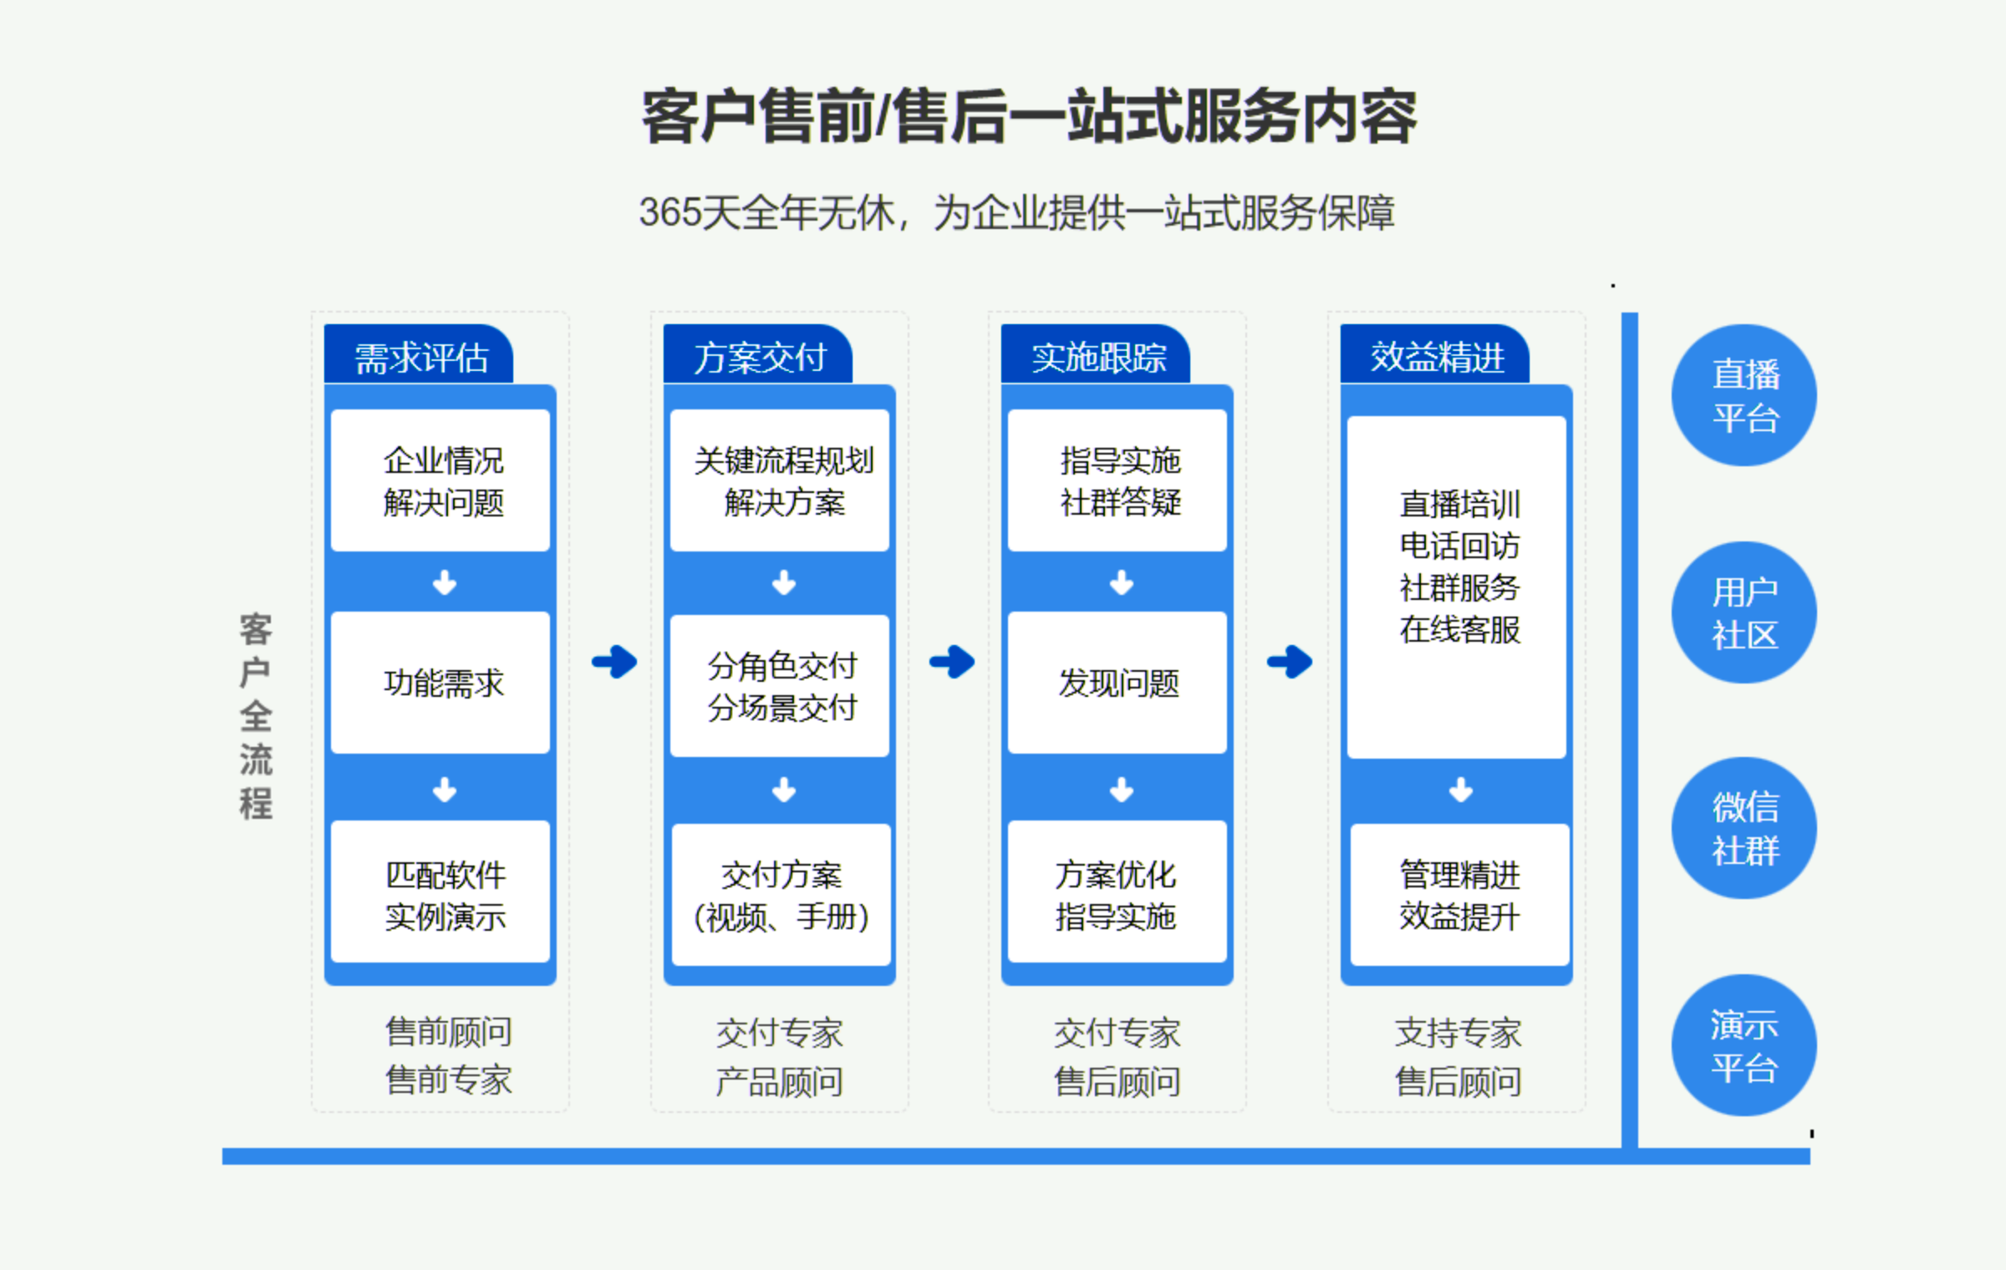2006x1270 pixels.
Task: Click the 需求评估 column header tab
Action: click(x=419, y=354)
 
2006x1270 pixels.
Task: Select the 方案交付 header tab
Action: click(x=758, y=354)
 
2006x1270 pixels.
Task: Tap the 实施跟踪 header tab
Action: click(x=1096, y=354)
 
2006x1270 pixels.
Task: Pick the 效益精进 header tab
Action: click(x=1435, y=354)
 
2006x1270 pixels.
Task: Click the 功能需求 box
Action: click(x=440, y=683)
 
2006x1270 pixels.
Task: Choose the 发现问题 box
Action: click(x=1118, y=683)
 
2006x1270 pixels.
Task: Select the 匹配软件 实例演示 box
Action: click(x=440, y=892)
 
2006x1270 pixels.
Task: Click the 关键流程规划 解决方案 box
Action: click(x=780, y=480)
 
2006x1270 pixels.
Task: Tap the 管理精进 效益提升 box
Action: click(x=1460, y=895)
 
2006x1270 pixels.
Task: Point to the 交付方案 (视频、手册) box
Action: click(x=782, y=895)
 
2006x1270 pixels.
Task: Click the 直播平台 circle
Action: click(x=1744, y=395)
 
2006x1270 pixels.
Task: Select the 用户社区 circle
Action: click(x=1744, y=612)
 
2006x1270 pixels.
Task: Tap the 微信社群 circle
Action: click(x=1744, y=828)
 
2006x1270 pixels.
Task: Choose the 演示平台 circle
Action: click(x=1744, y=1045)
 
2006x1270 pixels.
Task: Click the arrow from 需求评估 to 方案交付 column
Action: click(x=614, y=662)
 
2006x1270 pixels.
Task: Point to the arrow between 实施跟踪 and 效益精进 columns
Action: click(x=1290, y=662)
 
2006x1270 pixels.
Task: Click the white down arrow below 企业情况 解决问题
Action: click(x=445, y=582)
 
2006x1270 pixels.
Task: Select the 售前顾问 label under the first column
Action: click(x=449, y=1032)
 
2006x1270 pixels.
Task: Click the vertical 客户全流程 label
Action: click(x=256, y=716)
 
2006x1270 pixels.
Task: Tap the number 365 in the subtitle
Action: click(x=670, y=212)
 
